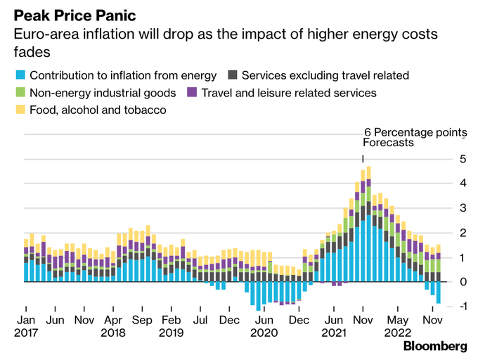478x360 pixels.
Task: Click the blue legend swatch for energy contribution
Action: [20, 75]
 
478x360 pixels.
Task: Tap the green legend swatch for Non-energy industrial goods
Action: [20, 92]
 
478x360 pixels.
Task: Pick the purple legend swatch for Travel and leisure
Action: [191, 92]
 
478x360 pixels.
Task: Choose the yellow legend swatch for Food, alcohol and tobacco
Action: [20, 109]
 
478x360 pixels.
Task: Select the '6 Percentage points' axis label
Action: [415, 132]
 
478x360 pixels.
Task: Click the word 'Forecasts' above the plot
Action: [388, 143]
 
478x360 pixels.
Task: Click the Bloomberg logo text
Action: [435, 346]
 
